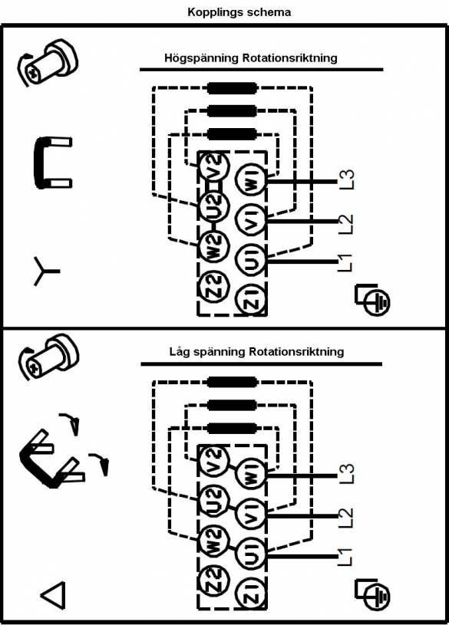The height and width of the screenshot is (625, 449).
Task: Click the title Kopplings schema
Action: click(239, 12)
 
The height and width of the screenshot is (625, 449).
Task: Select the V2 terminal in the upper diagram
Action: click(215, 166)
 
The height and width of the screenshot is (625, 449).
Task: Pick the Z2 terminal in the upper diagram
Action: click(215, 285)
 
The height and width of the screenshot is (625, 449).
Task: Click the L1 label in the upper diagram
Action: click(345, 263)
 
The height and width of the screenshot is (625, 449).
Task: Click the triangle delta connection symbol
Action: click(53, 596)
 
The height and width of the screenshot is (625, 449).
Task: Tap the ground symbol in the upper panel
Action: click(373, 300)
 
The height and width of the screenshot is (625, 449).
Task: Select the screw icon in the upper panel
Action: click(47, 63)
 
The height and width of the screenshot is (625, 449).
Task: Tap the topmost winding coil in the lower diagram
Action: click(232, 382)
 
